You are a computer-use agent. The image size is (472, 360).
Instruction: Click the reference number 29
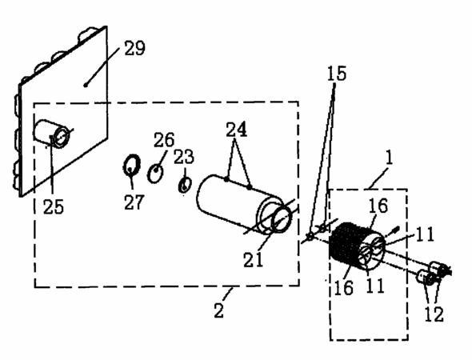pyautogui.click(x=135, y=48)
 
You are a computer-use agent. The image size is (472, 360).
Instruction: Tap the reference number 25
pyautogui.click(x=54, y=206)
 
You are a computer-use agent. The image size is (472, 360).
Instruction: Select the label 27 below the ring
pyautogui.click(x=134, y=202)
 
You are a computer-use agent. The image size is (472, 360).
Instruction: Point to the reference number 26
pyautogui.click(x=164, y=140)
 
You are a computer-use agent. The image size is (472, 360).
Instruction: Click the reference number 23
pyautogui.click(x=184, y=157)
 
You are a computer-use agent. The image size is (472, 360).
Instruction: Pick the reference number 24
pyautogui.click(x=237, y=130)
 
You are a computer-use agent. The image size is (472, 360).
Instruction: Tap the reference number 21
pyautogui.click(x=253, y=259)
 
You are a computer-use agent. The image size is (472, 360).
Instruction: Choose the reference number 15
pyautogui.click(x=337, y=74)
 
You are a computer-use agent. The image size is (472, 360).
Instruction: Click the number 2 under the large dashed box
pyautogui.click(x=219, y=310)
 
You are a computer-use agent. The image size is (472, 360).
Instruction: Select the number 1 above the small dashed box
pyautogui.click(x=390, y=157)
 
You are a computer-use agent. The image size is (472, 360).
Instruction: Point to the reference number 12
pyautogui.click(x=434, y=314)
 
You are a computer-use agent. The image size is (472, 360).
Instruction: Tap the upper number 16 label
pyautogui.click(x=378, y=206)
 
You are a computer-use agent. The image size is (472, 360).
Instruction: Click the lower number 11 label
pyautogui.click(x=375, y=285)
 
